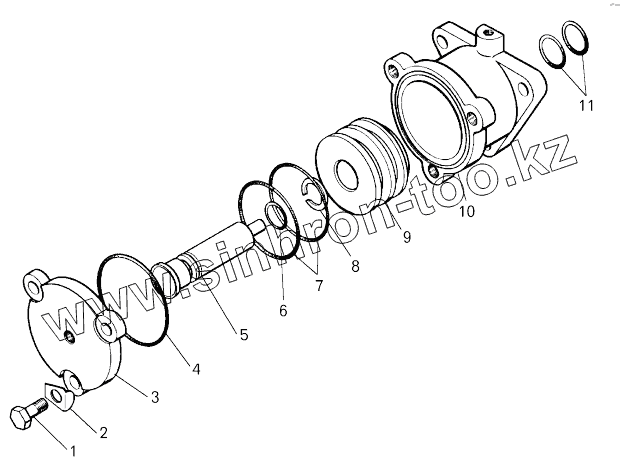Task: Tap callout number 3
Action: pos(154,397)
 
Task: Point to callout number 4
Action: pos(196,369)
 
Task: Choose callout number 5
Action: pos(243,333)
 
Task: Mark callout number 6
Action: pos(283,311)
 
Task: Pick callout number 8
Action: pos(354,265)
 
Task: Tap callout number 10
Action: pos(467,211)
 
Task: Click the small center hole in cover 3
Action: pos(69,335)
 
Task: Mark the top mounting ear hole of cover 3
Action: pos(38,286)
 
